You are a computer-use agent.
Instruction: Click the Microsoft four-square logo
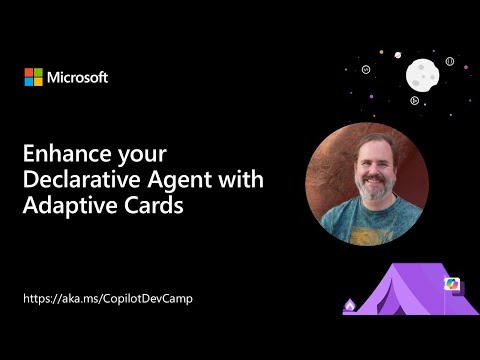coord(34,77)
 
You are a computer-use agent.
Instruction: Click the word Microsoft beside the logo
coord(78,77)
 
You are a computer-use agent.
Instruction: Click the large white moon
coord(422,73)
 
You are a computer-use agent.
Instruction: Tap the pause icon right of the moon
coord(450,61)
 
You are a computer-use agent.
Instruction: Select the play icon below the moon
coord(414,99)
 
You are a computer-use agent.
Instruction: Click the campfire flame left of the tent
coord(348,305)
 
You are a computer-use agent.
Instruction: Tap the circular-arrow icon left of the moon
coord(367,70)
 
